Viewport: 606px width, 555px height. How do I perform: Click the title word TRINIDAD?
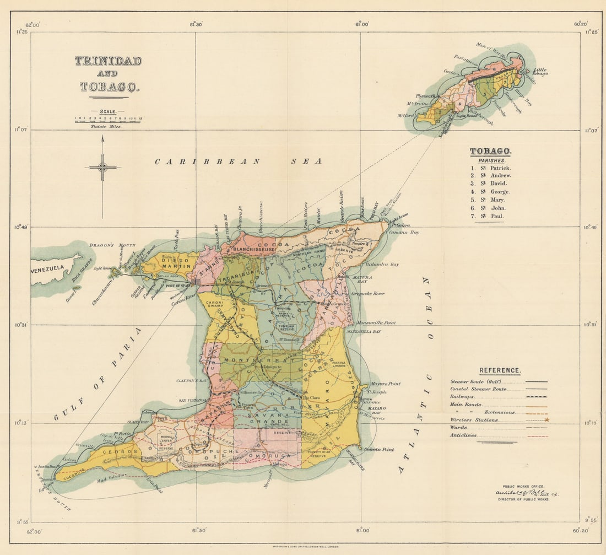[x=108, y=61]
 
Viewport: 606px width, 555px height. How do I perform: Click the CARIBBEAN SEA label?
[x=238, y=161]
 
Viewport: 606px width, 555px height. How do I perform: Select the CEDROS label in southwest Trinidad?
[x=115, y=451]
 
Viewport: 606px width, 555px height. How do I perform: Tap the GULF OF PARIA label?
[x=98, y=374]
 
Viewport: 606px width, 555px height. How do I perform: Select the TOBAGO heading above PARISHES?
[x=491, y=151]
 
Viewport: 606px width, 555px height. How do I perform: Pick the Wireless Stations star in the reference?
[x=547, y=420]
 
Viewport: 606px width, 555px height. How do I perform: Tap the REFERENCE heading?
[x=499, y=371]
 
